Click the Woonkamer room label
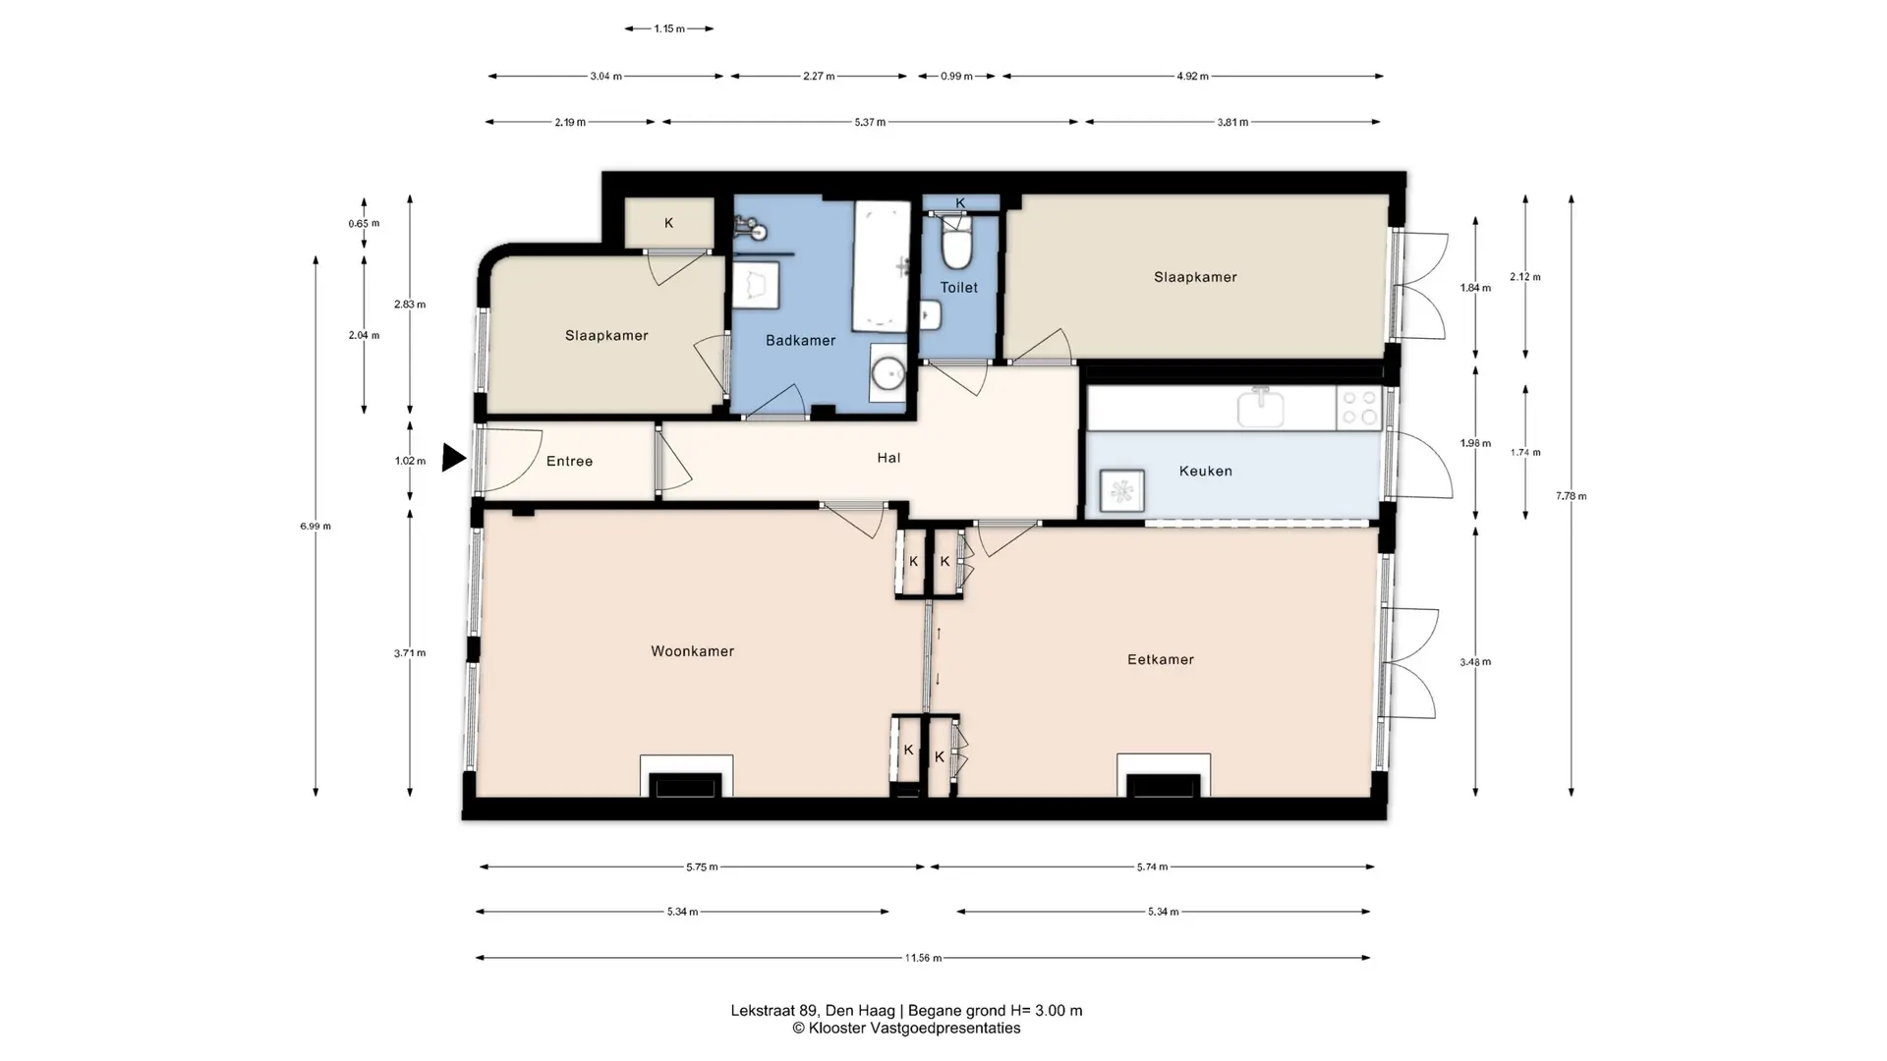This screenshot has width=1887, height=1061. [x=692, y=651]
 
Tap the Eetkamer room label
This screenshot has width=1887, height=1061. [x=1161, y=659]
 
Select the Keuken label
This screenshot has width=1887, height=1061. [x=1205, y=471]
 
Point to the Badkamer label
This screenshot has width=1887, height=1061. [x=800, y=341]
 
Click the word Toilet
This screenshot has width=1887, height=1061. [x=958, y=288]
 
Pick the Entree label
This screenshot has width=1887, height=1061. [x=569, y=461]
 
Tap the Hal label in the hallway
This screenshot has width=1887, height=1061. [x=888, y=458]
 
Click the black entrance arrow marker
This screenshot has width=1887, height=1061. [x=452, y=458]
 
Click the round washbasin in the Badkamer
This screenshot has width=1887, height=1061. [x=889, y=373]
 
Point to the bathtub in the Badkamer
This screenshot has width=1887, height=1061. [x=882, y=266]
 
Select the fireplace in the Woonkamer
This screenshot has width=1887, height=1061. [x=686, y=776]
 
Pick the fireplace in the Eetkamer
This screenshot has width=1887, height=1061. [x=1164, y=776]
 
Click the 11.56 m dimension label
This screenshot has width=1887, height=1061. [x=923, y=958]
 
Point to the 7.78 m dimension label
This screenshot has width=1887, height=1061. [x=1571, y=496]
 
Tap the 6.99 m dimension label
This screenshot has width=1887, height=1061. [x=315, y=527]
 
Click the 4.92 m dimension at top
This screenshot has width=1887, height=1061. [x=1192, y=76]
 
